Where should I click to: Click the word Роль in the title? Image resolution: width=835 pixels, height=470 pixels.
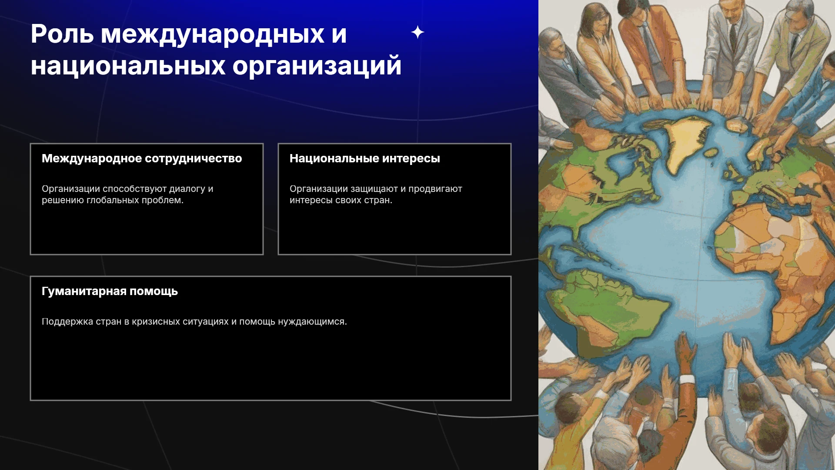click(62, 34)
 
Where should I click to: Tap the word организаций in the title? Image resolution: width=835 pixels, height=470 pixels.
click(317, 66)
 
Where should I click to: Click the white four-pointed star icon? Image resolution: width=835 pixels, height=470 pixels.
click(417, 32)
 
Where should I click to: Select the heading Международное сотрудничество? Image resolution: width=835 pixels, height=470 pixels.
click(142, 158)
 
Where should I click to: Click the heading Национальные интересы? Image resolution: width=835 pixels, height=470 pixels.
click(365, 158)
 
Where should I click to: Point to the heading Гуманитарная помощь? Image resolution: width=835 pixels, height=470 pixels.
click(110, 291)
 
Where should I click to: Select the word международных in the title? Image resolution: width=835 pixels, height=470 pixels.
click(213, 34)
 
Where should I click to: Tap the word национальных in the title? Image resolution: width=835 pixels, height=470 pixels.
click(128, 66)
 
